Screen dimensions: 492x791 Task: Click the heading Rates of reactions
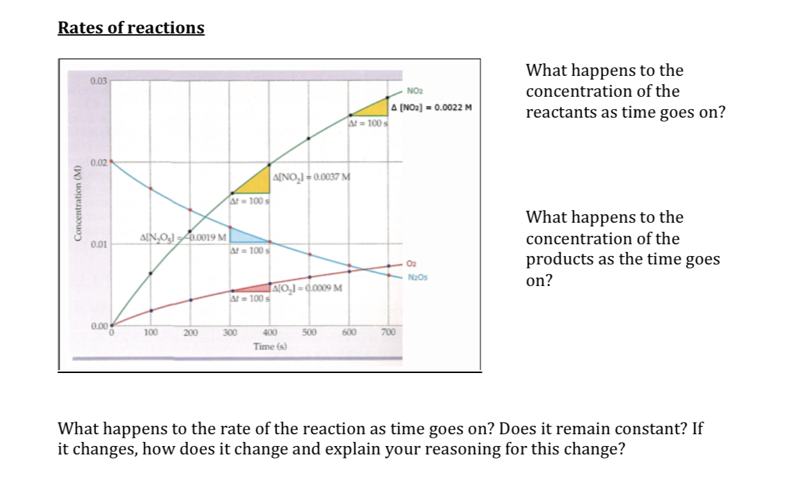pos(131,28)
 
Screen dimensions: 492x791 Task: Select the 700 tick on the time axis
pos(388,333)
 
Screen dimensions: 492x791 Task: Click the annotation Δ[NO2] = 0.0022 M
pos(432,108)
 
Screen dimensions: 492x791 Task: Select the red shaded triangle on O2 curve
pos(256,288)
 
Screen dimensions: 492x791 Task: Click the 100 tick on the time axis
pos(150,333)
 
